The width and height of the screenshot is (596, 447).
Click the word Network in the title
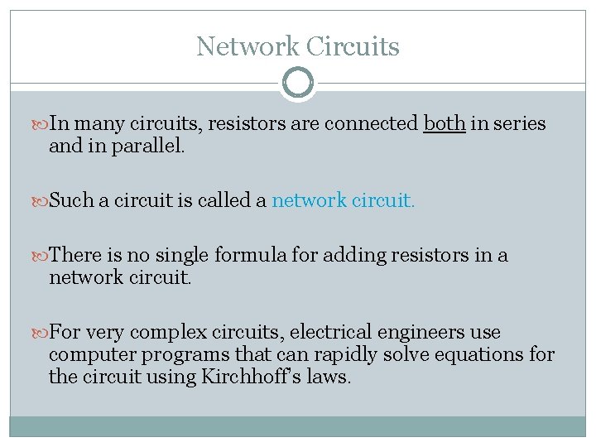[246, 46]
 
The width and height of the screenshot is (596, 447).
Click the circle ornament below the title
[298, 83]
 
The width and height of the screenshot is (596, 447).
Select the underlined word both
[445, 124]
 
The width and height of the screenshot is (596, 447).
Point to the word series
[518, 124]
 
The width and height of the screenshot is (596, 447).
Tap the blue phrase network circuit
[341, 201]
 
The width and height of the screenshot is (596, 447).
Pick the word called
[224, 201]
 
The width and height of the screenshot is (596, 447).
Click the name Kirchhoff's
[267, 377]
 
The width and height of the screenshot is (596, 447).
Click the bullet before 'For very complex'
[41, 333]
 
